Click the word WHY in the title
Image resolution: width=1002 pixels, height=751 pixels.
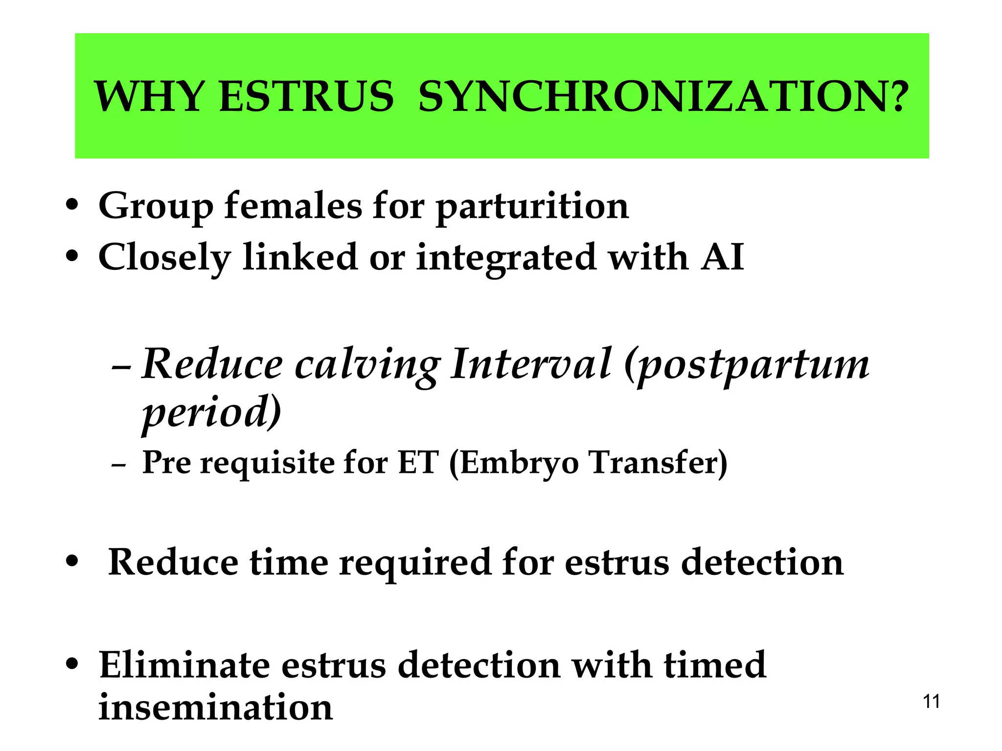[149, 96]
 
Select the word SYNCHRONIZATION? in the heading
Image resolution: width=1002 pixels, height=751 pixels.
[663, 96]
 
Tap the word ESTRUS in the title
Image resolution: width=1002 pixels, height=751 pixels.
[306, 96]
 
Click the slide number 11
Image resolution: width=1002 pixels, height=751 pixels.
[931, 702]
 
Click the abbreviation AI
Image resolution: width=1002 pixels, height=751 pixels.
[722, 257]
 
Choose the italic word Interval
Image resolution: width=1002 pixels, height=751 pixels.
[531, 364]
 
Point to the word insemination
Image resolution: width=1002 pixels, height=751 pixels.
[216, 707]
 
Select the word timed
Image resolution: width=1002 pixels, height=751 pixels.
[715, 665]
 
